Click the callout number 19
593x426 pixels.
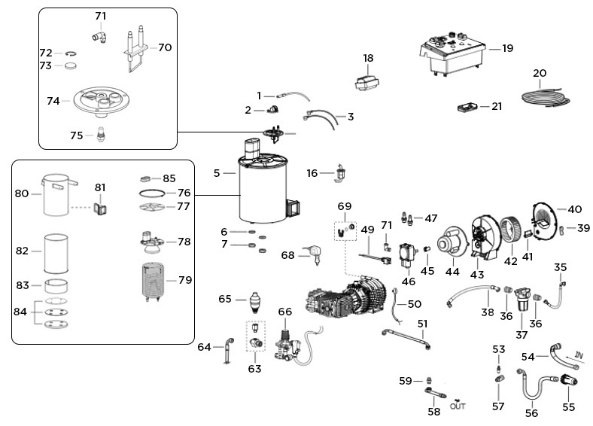507,49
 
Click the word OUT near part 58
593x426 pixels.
457,406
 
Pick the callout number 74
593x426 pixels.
53,101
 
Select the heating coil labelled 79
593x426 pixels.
157,283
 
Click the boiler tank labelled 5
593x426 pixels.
263,192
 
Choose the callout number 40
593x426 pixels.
574,209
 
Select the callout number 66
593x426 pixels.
284,311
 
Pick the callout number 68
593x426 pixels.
287,256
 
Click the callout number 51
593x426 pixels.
422,324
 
